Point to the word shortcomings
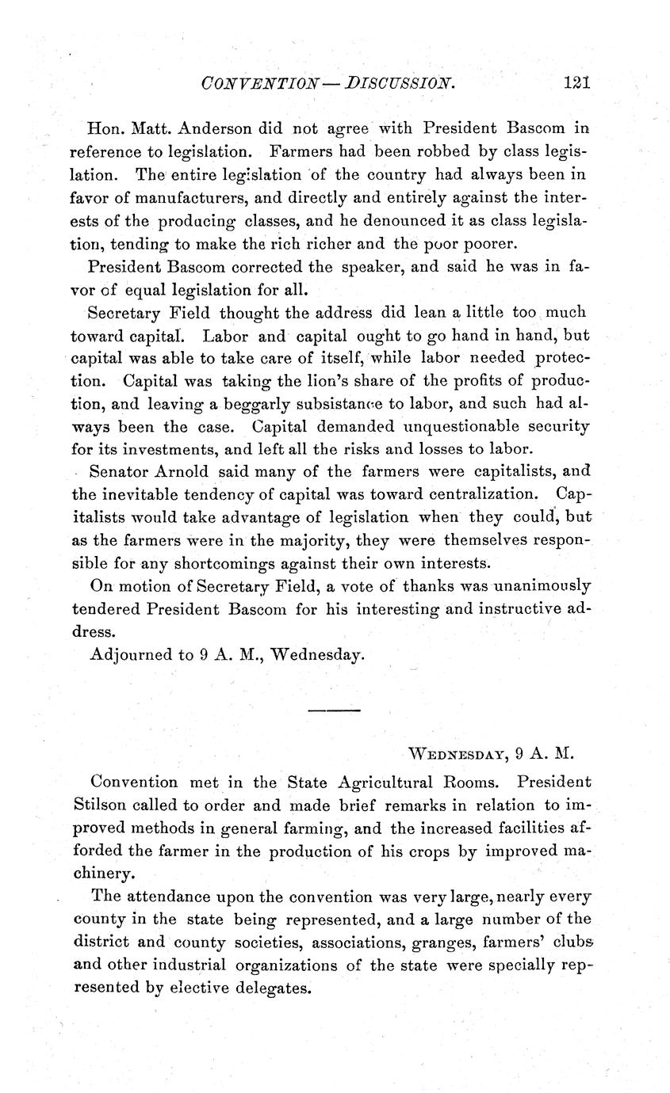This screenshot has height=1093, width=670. coord(220,564)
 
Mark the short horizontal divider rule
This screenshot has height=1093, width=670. coord(334,710)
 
